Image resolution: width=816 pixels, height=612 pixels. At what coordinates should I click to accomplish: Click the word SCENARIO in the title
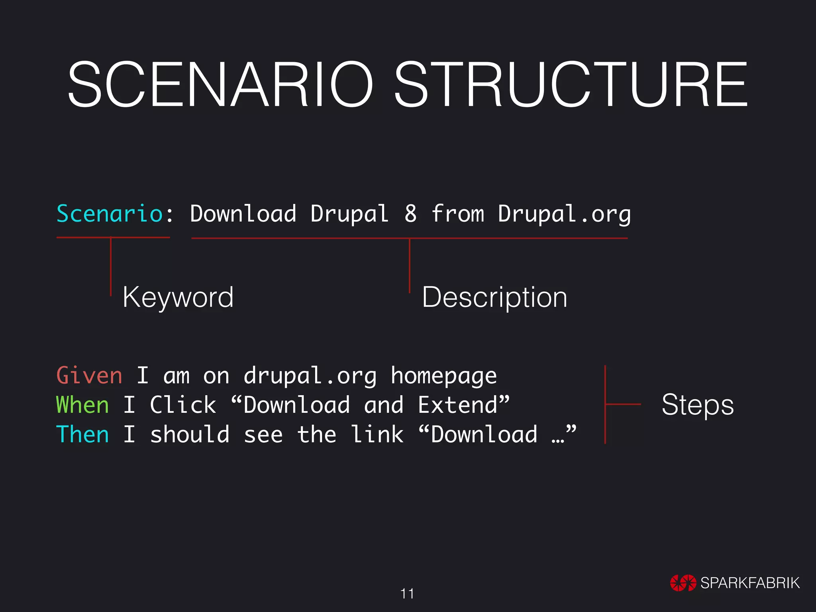coord(220,84)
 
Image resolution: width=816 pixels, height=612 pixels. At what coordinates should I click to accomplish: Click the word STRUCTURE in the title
coord(571,84)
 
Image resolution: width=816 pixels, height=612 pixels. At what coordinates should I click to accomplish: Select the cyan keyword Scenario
coord(110,214)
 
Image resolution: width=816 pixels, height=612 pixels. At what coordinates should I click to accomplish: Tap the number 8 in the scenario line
coord(410,214)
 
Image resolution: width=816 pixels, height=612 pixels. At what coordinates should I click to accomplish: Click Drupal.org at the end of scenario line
coord(564,214)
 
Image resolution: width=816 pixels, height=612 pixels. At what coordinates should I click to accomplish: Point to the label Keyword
coord(178,297)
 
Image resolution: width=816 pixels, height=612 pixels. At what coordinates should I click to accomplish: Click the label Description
coord(494,297)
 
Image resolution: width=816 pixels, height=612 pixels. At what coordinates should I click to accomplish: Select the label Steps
coord(697,405)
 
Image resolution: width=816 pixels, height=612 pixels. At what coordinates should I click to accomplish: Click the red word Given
coord(89,376)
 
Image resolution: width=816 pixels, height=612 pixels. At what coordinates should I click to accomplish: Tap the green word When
coord(82,405)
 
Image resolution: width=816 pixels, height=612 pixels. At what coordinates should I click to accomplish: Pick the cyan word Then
coord(82,434)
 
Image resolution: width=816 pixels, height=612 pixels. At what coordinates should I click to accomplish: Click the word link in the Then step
coord(377,434)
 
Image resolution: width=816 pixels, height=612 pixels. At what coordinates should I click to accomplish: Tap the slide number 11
coord(407,594)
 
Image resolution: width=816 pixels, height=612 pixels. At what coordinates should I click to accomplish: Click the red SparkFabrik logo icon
coord(683,583)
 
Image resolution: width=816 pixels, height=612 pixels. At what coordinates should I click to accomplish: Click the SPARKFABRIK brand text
coord(750,583)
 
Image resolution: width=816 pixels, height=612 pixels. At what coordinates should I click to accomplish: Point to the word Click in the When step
coord(183,405)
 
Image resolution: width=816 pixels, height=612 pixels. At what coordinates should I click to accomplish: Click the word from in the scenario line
coord(457,214)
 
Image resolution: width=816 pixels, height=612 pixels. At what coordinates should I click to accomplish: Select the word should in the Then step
coord(190,434)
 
